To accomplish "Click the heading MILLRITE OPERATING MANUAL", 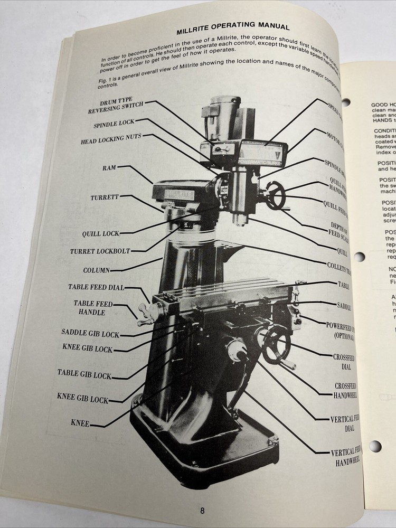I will pos(232,26).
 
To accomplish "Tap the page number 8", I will pos(202,510).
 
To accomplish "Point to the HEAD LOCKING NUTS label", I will pos(111,141).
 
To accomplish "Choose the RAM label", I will pos(109,168).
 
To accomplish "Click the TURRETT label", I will pos(105,197).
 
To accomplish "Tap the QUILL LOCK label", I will pos(101,233).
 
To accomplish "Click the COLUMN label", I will pos(97,270).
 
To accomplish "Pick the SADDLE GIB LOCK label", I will pos(90,334).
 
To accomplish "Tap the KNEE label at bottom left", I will pos(80,423).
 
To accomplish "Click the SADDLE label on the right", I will pos(344,306).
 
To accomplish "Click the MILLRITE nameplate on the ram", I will pos(178,195).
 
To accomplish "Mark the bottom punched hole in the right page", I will pos(375,446).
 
